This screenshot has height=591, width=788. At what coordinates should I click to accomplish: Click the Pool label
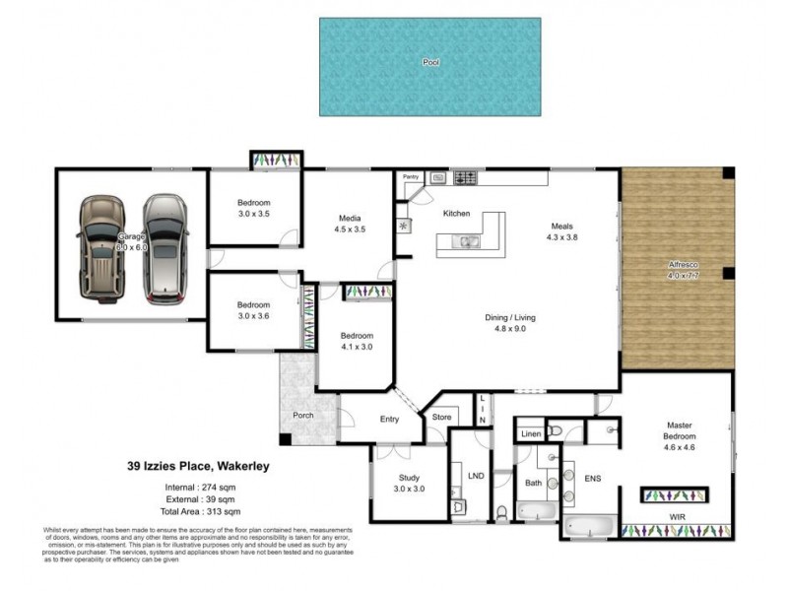click(x=430, y=62)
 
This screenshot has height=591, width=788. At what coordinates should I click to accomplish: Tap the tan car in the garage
click(x=100, y=246)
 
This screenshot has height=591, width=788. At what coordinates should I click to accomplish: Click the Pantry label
click(x=411, y=177)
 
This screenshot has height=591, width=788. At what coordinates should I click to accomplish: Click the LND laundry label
click(x=476, y=476)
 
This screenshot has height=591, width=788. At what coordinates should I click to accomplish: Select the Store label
click(x=441, y=418)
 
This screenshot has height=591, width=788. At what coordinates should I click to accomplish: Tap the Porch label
click(x=303, y=415)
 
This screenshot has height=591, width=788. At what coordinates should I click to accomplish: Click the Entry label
click(x=389, y=419)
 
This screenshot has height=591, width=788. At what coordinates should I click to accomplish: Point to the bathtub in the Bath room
click(x=537, y=511)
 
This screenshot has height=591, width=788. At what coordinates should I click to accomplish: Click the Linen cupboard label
click(x=530, y=433)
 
